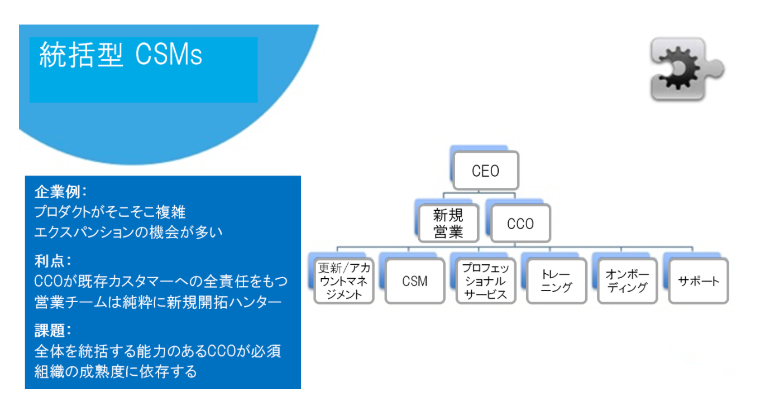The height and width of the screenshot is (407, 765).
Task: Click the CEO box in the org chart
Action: [486, 171]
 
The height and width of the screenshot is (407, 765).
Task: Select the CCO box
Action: [520, 224]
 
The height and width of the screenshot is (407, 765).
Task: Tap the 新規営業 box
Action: [448, 224]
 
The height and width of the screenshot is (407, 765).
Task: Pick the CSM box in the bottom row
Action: [415, 281]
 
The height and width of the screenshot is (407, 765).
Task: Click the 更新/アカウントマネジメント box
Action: [344, 281]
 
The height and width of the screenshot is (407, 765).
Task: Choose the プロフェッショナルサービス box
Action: [486, 281]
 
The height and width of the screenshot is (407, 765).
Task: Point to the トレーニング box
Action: [557, 281]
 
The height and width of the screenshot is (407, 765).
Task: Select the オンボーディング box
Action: [628, 281]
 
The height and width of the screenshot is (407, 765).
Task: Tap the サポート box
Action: [699, 281]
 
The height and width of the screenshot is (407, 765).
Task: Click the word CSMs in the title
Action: [169, 55]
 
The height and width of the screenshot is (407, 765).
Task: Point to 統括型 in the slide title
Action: [81, 55]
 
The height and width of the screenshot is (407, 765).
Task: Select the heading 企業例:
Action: [61, 192]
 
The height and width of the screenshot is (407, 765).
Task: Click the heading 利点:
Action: [52, 261]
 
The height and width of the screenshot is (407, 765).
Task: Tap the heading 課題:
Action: [52, 330]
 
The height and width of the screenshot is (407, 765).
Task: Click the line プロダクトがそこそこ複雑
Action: [110, 212]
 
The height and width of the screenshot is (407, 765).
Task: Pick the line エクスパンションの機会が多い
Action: [128, 232]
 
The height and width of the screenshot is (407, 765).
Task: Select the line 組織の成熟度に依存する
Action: [116, 371]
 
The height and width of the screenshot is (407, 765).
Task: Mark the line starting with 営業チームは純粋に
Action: [158, 302]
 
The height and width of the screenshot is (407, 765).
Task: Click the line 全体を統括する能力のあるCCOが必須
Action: [158, 351]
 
